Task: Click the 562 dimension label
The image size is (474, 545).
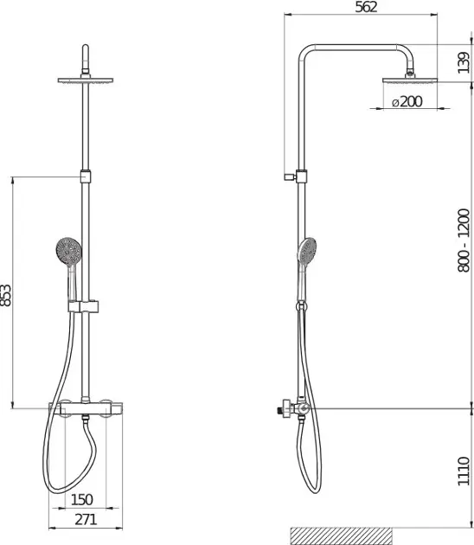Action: tap(366, 7)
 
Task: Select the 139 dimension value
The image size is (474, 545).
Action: tap(464, 62)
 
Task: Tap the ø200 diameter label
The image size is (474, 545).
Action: tap(407, 102)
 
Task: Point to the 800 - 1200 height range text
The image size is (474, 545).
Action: tap(464, 240)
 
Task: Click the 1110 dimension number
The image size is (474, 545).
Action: tap(464, 471)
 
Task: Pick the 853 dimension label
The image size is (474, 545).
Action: tap(5, 296)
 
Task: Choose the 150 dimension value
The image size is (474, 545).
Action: tap(82, 499)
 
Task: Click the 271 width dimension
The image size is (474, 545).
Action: tap(86, 520)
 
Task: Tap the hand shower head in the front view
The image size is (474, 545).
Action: tap(69, 251)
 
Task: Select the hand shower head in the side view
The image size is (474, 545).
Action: tap(307, 251)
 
